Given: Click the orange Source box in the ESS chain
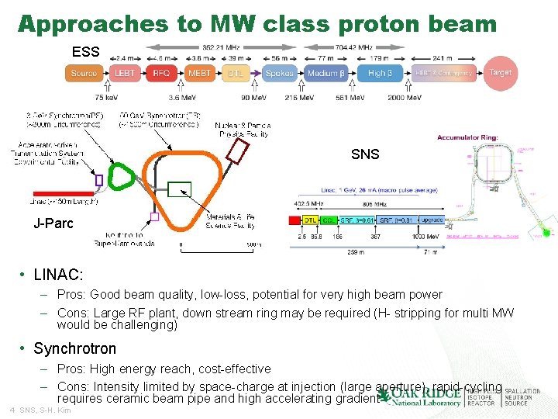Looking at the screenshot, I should [84, 73].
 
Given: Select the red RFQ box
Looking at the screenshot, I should [161, 73].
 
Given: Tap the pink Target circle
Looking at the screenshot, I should [501, 72].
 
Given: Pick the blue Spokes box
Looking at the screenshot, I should [279, 73].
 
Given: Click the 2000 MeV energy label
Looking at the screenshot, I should [406, 98].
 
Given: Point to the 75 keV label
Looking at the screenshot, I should [105, 98].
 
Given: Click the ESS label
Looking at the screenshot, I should [85, 52].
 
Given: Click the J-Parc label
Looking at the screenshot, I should [53, 224].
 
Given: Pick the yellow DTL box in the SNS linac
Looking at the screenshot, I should [311, 220].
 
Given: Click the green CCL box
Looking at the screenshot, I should [329, 220].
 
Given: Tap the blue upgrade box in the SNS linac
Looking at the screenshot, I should [432, 220].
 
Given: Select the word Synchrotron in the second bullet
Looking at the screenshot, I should [74, 348].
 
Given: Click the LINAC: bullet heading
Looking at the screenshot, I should [58, 275].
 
